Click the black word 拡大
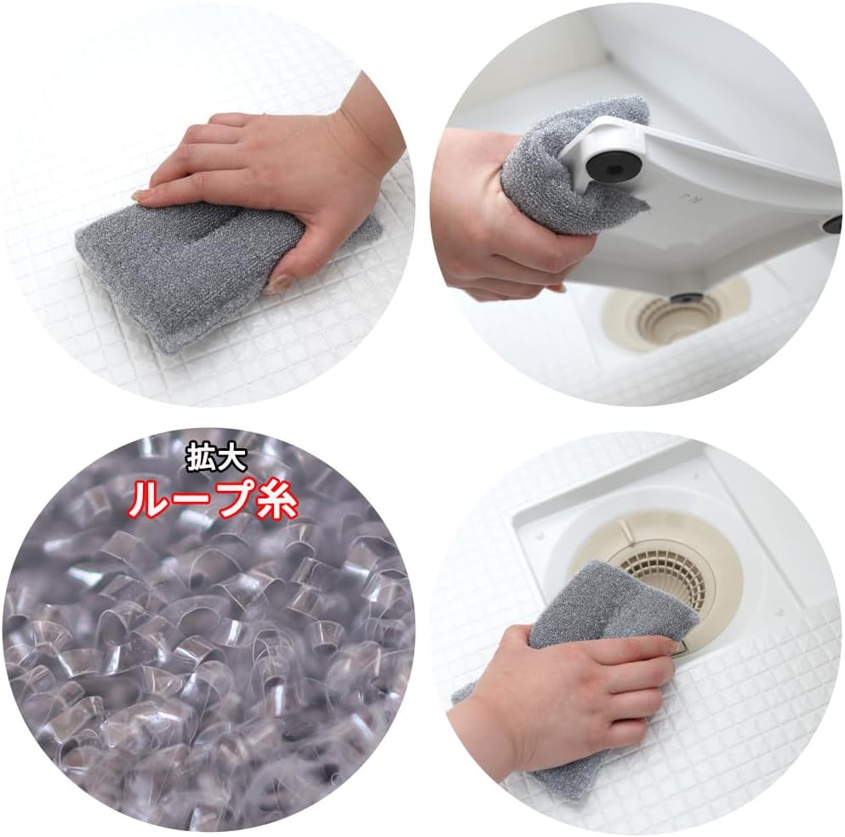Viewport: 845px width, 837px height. point(217,460)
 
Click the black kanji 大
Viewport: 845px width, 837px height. point(232,460)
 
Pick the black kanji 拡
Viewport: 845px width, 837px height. point(202,460)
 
